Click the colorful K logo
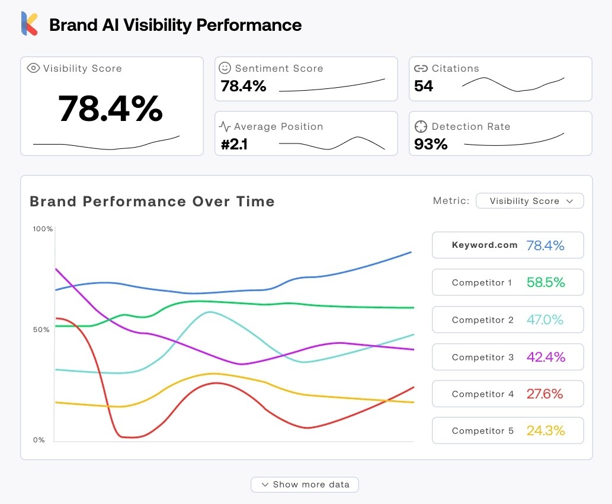coord(30,24)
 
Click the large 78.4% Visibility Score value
coord(111,109)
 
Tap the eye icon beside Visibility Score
coord(33,68)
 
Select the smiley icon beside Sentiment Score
coord(225,68)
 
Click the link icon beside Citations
coord(421,68)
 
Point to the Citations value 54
coord(424,87)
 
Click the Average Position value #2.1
coord(234,144)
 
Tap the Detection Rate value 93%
coord(431,144)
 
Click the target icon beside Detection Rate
coord(421,126)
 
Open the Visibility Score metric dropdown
coord(530,201)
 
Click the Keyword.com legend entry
coord(508,245)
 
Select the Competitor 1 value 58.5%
coord(546,283)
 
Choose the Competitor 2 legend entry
coord(508,320)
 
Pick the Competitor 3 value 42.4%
coord(546,357)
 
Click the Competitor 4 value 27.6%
coord(544,394)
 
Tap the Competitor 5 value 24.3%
coord(546,431)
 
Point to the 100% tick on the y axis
coord(43,229)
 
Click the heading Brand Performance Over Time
coord(152,201)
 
